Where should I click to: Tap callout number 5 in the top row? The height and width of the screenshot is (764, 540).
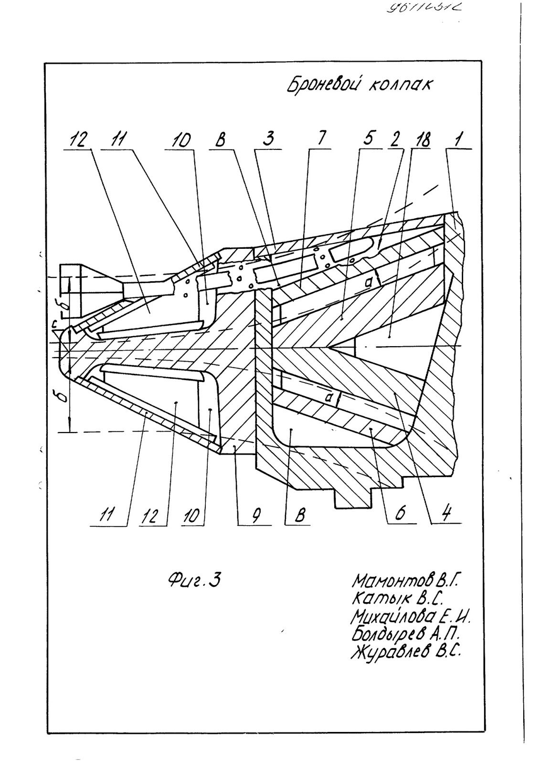pyautogui.click(x=369, y=139)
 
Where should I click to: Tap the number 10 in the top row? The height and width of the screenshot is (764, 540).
pyautogui.click(x=182, y=140)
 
